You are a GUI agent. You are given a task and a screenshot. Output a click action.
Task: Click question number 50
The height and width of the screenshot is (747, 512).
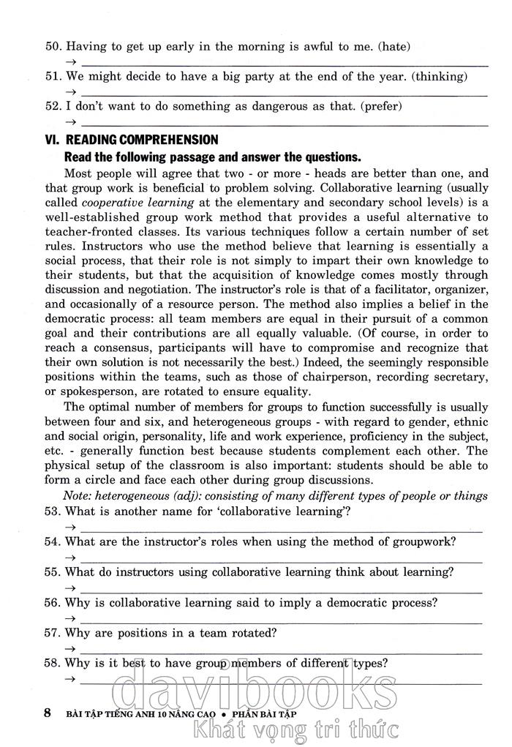tap(53, 46)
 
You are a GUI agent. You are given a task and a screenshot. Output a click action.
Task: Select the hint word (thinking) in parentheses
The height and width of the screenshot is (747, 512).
tap(441, 76)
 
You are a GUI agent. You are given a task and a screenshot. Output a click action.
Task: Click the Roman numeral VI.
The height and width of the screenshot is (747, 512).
tap(53, 140)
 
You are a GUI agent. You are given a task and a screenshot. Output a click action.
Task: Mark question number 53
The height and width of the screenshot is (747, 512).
tap(53, 511)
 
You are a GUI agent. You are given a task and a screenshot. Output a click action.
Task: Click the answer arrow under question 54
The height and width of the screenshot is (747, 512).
tap(71, 558)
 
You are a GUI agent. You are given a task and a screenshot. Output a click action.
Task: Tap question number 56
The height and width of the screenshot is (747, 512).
tap(53, 604)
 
